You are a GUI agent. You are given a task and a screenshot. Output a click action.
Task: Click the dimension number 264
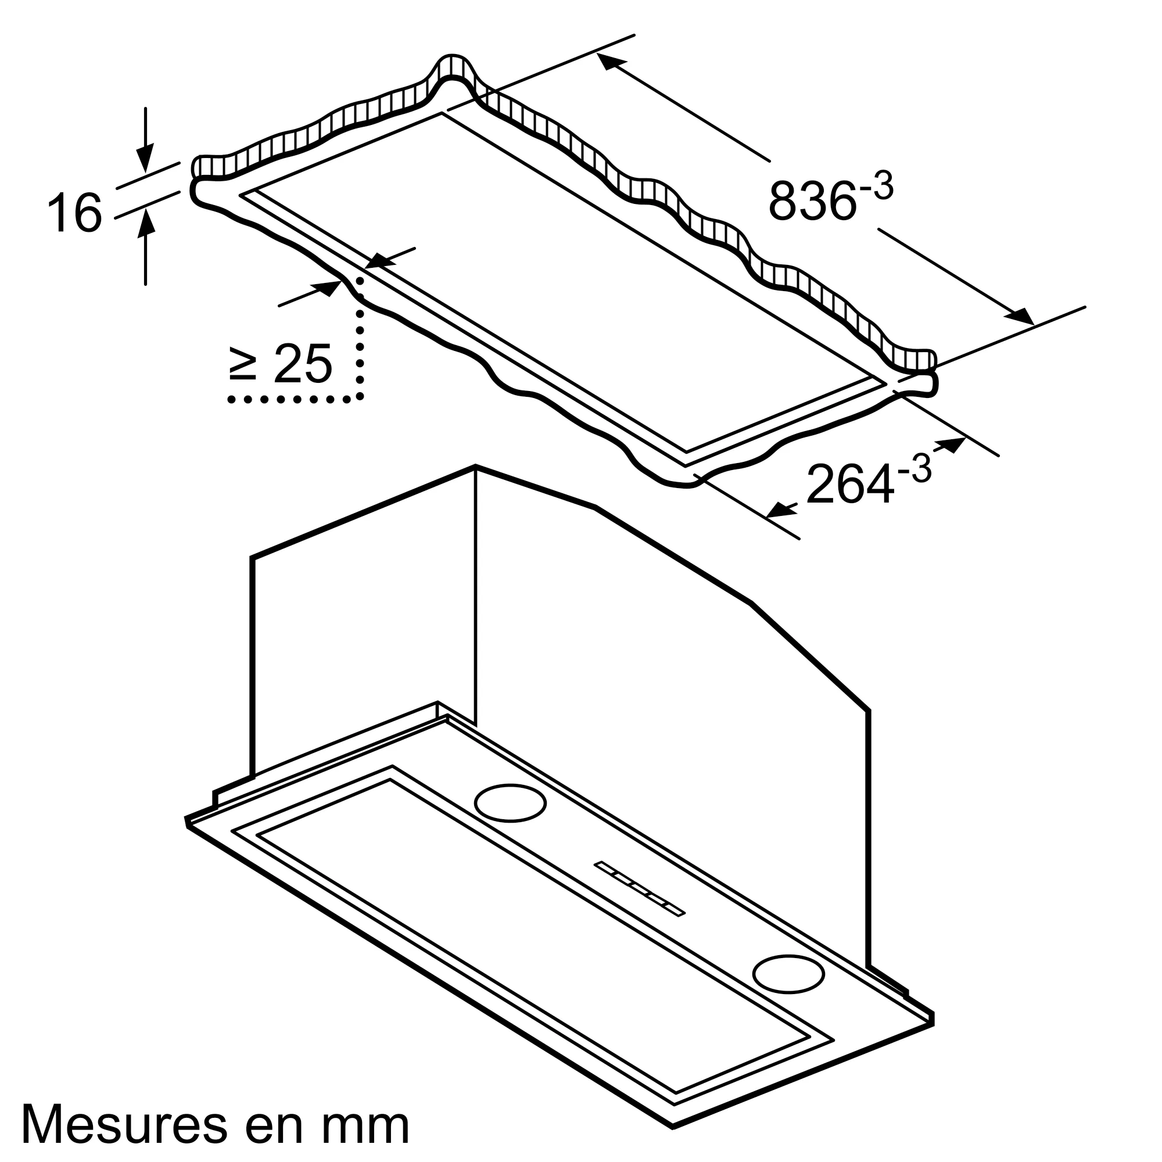pyautogui.click(x=849, y=485)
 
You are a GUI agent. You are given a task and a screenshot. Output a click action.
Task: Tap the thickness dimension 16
pyautogui.click(x=74, y=212)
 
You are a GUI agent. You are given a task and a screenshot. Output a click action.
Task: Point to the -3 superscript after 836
pyautogui.click(x=876, y=186)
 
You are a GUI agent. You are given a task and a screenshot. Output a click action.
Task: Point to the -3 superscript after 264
pyautogui.click(x=914, y=469)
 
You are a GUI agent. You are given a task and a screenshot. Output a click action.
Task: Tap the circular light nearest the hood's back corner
pyautogui.click(x=510, y=803)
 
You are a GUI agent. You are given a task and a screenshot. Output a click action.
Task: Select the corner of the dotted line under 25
pyautogui.click(x=360, y=397)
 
